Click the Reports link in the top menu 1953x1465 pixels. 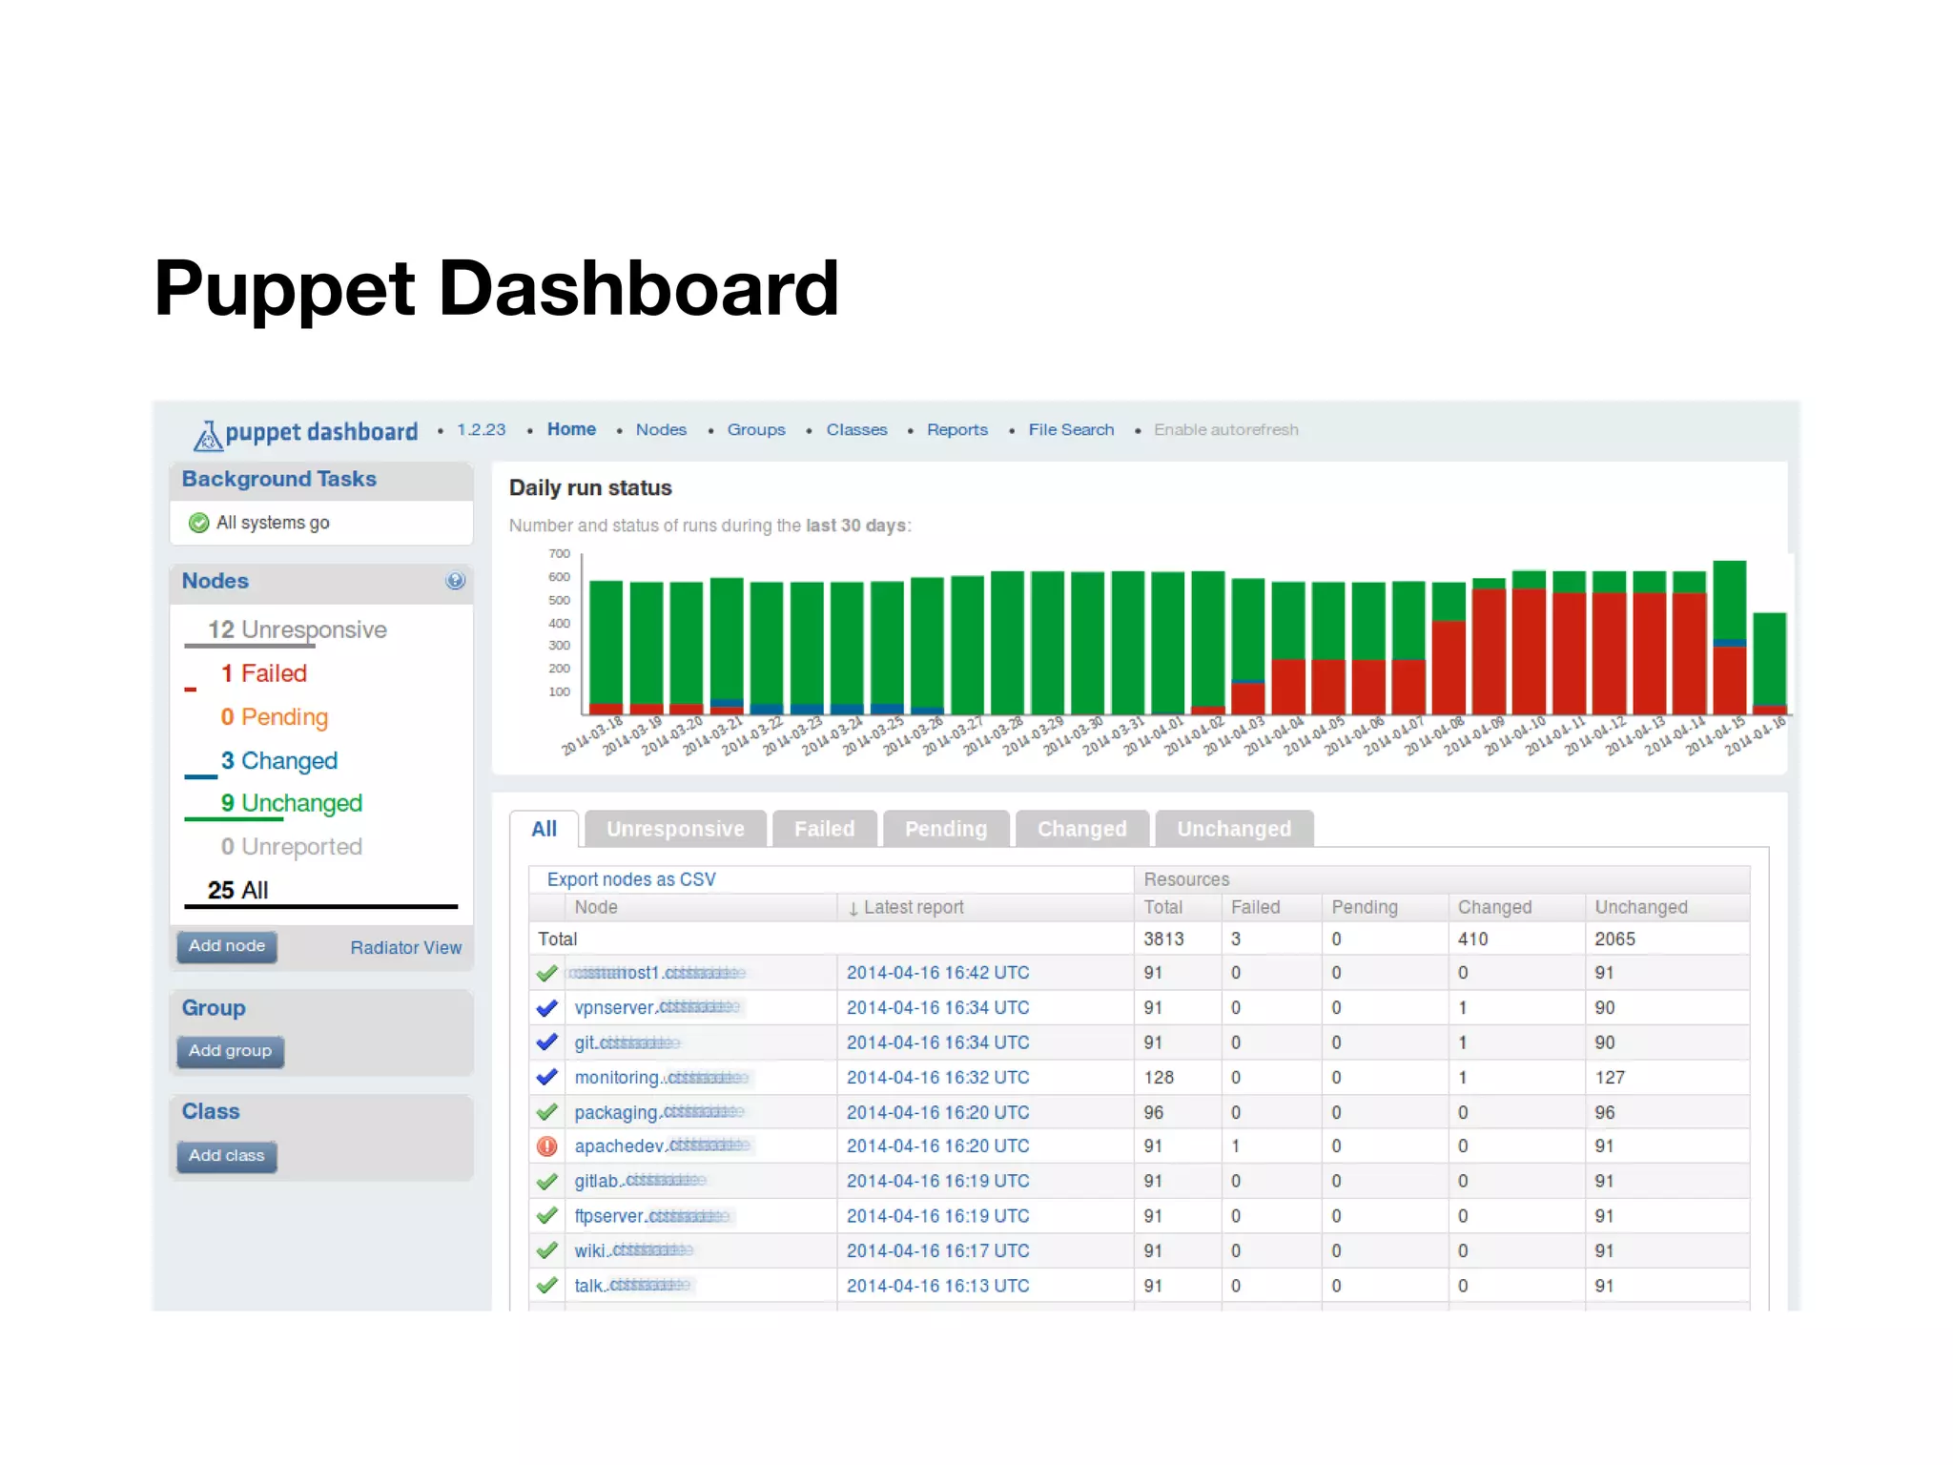956,430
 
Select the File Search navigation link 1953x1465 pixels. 1070,430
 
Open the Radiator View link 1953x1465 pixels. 405,947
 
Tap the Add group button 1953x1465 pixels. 230,1051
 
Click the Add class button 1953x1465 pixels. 226,1156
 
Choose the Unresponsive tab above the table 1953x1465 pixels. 675,829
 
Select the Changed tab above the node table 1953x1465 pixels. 1081,829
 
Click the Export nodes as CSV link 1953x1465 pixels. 630,879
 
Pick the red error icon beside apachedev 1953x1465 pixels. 547,1146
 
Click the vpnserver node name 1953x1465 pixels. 614,1008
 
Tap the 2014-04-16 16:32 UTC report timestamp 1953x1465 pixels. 937,1078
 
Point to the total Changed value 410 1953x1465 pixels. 1472,939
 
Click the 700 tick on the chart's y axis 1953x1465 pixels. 559,554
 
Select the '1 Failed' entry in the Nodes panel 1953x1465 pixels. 264,674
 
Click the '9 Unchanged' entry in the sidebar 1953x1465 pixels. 291,803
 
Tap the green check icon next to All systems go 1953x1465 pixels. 199,523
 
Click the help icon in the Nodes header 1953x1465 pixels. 455,581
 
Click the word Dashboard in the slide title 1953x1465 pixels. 638,289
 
